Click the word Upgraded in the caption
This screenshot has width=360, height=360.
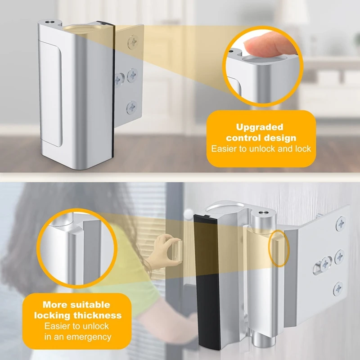(x=260, y=127)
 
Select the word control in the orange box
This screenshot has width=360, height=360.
(x=243, y=138)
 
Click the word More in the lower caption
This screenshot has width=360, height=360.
(x=55, y=305)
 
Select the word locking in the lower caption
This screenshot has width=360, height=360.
(x=52, y=316)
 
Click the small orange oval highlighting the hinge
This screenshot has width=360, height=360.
(x=279, y=248)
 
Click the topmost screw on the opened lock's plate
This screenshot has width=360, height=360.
(x=341, y=223)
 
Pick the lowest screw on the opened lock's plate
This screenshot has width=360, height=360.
(x=338, y=288)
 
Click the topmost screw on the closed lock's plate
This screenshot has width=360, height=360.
(x=133, y=42)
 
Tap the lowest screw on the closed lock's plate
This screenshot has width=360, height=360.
(x=132, y=108)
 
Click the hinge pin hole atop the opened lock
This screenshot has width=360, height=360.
(x=262, y=213)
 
